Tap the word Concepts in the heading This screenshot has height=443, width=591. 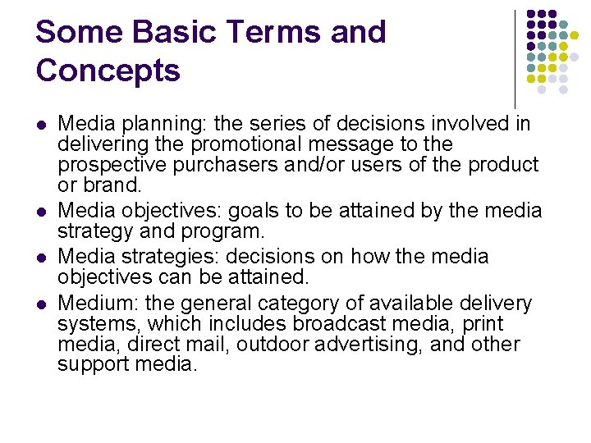(108, 71)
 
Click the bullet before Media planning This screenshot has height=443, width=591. (41, 126)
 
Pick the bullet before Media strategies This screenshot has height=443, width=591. (41, 258)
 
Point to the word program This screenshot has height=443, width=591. (226, 231)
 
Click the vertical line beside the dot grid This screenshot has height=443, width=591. (515, 57)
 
